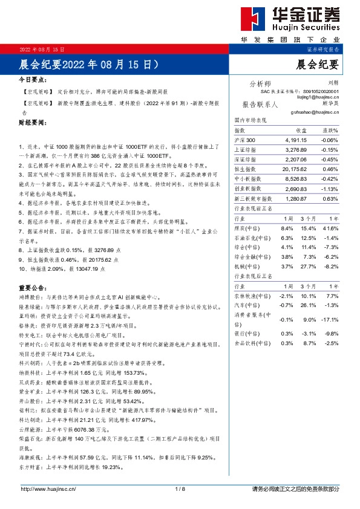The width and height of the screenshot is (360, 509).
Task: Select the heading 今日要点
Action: click(34, 80)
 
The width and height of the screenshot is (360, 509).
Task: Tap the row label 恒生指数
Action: click(247, 169)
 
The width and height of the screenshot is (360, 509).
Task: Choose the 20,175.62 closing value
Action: click(296, 169)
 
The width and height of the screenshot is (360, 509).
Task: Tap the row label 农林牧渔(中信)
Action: click(251, 296)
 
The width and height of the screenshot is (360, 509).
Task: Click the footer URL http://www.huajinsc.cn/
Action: click(48, 488)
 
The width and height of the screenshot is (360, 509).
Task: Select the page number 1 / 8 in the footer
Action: click(180, 488)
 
